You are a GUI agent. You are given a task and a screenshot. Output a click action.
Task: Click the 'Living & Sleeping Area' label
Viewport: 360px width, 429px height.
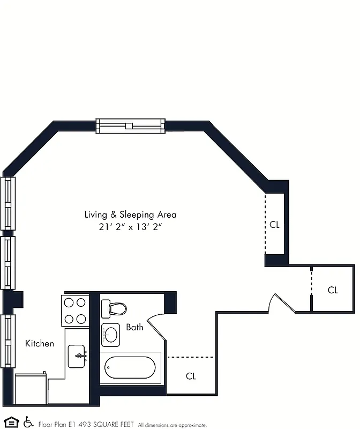130,214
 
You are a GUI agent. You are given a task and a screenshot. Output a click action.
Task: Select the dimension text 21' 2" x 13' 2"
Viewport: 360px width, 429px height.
130,227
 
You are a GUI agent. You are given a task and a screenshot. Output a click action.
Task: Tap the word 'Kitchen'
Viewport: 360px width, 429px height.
40,343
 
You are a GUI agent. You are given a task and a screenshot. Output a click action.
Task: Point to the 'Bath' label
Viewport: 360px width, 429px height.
134,327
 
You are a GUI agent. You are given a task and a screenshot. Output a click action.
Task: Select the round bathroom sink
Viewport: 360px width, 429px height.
111,335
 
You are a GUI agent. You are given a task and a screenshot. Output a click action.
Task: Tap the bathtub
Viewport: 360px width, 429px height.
130,368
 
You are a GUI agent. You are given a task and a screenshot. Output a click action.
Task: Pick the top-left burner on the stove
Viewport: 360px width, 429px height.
69,302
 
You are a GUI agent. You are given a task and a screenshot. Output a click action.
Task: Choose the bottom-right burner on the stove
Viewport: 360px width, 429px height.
81,319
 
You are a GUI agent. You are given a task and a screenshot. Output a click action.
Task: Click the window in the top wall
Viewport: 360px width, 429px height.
130,126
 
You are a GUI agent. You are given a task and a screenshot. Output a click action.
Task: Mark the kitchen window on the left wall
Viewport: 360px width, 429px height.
7,341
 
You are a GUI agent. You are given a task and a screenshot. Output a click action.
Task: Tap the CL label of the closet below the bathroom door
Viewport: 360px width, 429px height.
191,376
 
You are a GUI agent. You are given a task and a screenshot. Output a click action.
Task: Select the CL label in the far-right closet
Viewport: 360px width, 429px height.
333,290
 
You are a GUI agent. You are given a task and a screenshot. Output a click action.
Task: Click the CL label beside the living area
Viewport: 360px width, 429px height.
274,225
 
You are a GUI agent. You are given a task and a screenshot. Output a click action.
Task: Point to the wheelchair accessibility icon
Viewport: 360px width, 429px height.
28,423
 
